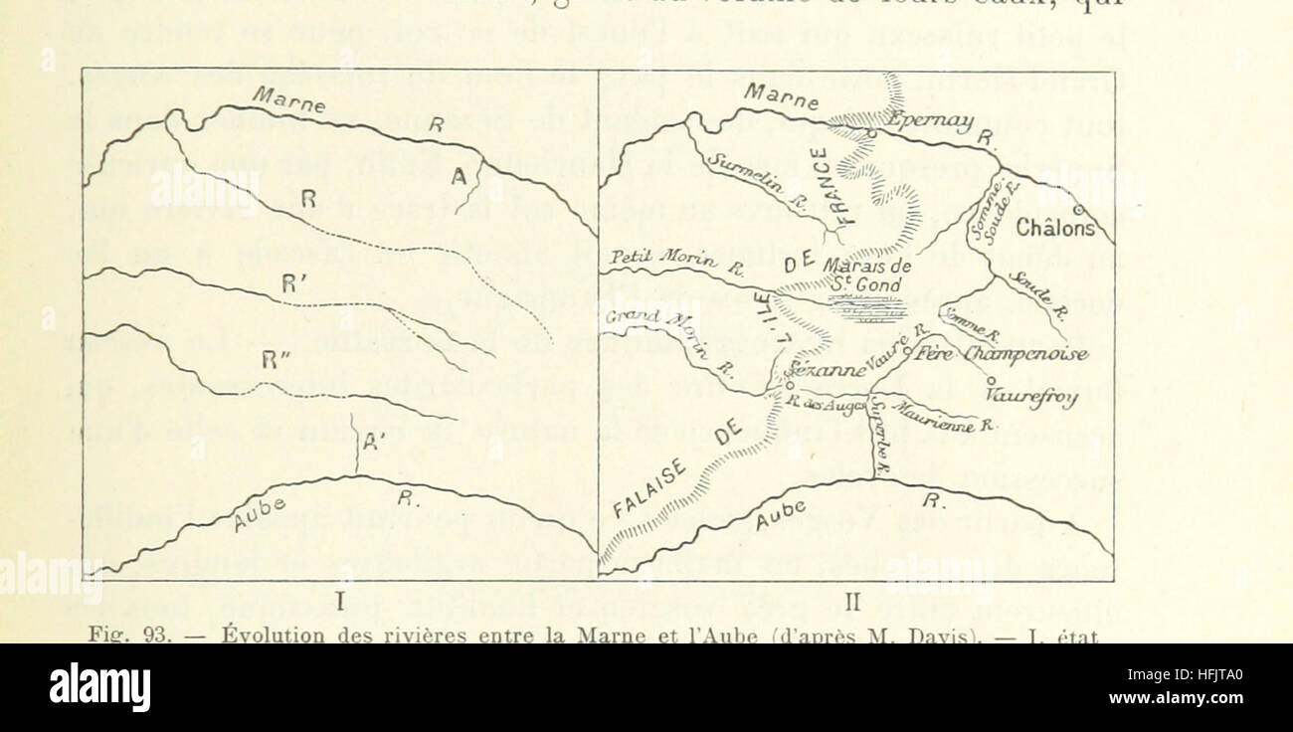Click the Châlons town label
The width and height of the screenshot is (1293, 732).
pyautogui.click(x=1054, y=228)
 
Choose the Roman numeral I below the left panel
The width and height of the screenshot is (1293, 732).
pyautogui.click(x=338, y=602)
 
